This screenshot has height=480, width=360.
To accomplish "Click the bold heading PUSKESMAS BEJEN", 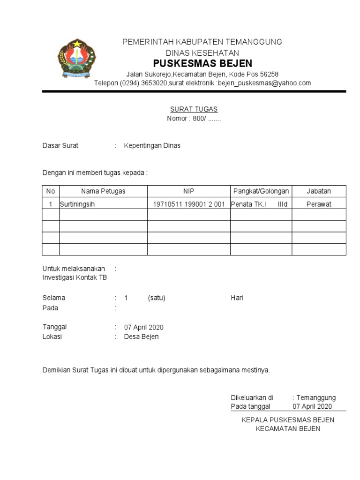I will pyautogui.click(x=202, y=63).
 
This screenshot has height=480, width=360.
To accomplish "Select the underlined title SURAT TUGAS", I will pyautogui.click(x=194, y=109).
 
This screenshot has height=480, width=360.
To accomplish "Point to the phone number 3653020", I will pyautogui.click(x=153, y=83).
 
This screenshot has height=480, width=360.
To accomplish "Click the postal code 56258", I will pyautogui.click(x=269, y=74).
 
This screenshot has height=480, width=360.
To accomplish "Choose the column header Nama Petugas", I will pyautogui.click(x=103, y=191).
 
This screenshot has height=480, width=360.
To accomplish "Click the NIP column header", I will pyautogui.click(x=188, y=191).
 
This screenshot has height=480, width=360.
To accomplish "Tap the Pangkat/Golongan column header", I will pyautogui.click(x=261, y=191).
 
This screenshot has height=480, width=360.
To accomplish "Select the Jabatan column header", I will pyautogui.click(x=319, y=191).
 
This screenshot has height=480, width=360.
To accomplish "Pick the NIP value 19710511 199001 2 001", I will pyautogui.click(x=189, y=204).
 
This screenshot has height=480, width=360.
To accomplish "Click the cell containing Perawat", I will pyautogui.click(x=319, y=204).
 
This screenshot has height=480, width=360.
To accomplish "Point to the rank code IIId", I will pyautogui.click(x=282, y=204).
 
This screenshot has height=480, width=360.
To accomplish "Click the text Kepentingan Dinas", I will pyautogui.click(x=152, y=146).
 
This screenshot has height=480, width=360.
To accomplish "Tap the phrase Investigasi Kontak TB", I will pyautogui.click(x=75, y=277).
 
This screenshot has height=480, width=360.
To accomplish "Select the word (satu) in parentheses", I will pyautogui.click(x=157, y=298).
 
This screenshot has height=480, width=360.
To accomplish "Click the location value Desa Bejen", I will pyautogui.click(x=141, y=337).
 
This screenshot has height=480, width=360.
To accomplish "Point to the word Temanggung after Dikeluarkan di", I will pyautogui.click(x=316, y=397).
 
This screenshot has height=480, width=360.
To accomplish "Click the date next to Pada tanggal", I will pyautogui.click(x=312, y=406).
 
